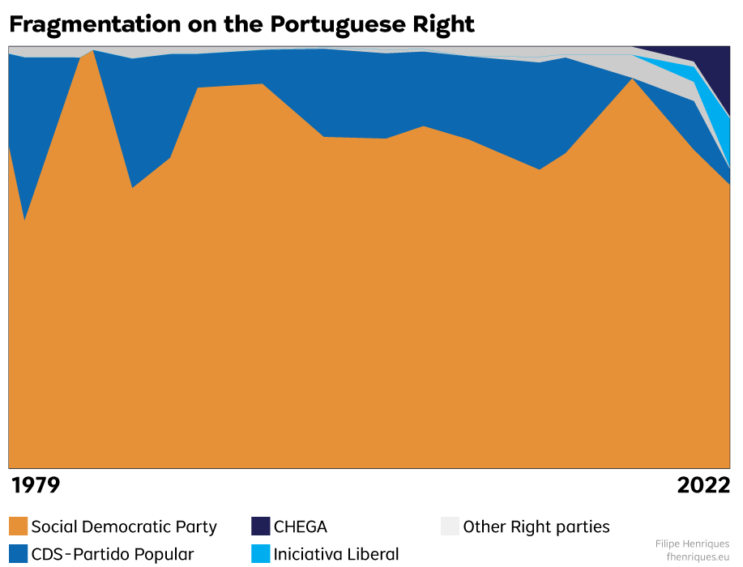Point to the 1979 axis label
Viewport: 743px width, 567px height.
point(35,485)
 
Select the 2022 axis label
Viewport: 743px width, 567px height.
point(703,485)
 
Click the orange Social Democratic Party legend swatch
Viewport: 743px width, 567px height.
point(18,526)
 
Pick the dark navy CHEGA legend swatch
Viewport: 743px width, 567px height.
point(260,526)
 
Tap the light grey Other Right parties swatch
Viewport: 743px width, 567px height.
point(450,526)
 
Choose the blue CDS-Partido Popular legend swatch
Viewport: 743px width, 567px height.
point(18,554)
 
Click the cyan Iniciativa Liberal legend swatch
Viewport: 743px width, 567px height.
point(260,554)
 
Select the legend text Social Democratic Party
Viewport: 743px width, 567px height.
point(124,526)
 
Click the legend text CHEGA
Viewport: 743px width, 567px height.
point(301,526)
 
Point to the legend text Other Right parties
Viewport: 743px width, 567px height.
point(536,526)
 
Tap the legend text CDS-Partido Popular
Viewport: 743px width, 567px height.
point(113,555)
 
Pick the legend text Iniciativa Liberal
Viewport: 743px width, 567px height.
point(336,555)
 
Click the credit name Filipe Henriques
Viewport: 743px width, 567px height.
point(692,544)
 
